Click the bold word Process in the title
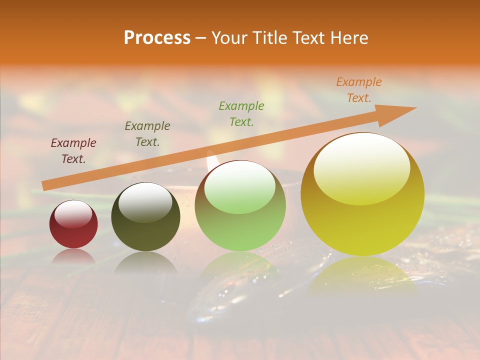157,38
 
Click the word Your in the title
229,38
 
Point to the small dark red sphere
73,224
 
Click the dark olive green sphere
145,217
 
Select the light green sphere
240,206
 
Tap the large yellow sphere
362,194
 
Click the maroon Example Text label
73,151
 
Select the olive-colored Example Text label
147,134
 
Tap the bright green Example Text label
241,114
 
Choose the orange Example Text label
359,90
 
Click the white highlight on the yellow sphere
361,168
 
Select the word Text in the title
307,38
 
